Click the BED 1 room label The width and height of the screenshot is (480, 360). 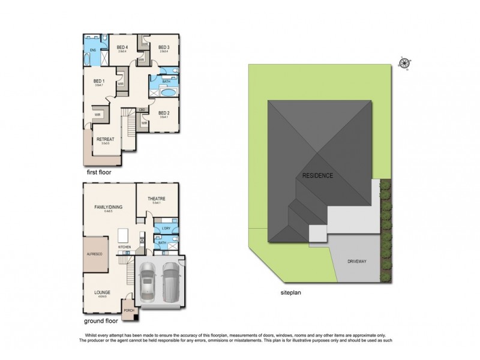(98, 80)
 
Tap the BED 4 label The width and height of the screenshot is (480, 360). (122, 47)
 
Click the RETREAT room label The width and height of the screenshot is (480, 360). (105, 139)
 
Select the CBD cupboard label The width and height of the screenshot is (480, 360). (142, 109)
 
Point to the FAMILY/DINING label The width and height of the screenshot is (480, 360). (107, 207)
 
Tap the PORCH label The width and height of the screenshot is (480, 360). (128, 311)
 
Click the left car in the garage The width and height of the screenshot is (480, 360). (148, 283)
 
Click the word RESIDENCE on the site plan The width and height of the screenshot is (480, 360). (317, 176)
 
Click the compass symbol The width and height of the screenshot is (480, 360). (404, 62)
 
